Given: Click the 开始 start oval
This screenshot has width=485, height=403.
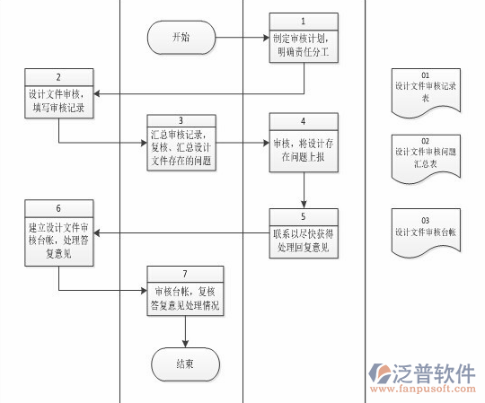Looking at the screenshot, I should [181, 38].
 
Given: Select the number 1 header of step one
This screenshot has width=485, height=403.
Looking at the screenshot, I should [304, 20].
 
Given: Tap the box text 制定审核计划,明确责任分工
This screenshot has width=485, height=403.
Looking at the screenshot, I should [304, 46].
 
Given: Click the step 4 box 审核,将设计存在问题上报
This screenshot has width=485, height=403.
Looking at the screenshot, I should [304, 146].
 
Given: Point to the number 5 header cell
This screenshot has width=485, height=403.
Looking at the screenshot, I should [304, 215].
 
